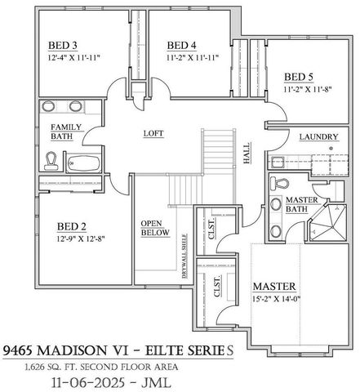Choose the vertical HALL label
coord(246,153)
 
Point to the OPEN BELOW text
coord(154,228)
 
